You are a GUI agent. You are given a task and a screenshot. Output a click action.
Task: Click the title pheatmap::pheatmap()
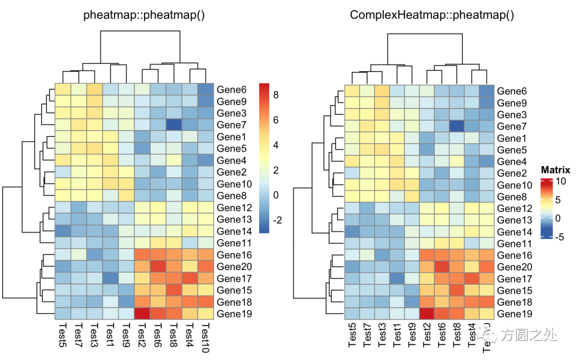(144, 15)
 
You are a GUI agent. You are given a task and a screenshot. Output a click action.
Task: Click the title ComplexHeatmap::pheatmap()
(432, 15)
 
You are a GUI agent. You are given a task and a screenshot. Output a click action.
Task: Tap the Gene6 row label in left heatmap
(232, 89)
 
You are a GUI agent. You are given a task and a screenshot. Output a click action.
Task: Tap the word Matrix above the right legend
(555, 171)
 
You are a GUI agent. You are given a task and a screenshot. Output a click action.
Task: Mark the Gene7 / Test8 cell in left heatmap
(174, 124)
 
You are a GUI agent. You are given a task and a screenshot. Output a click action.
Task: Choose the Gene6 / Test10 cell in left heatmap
(206, 89)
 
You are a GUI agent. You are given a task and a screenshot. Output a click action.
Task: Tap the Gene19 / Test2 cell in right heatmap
(428, 314)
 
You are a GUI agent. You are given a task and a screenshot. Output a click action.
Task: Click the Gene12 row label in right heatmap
(514, 209)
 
